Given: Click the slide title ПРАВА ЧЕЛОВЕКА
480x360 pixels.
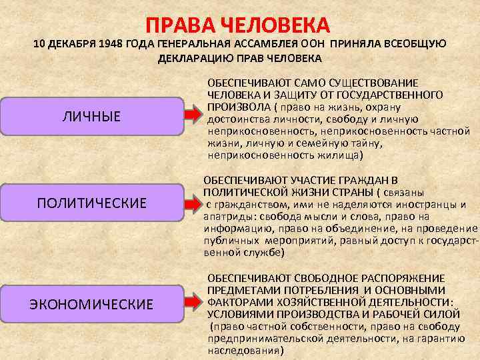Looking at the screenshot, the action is coord(239,25).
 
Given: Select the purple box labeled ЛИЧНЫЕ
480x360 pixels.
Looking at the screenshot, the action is coord(92,117).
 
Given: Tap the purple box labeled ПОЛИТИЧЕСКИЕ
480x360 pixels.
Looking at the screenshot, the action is coord(92,202).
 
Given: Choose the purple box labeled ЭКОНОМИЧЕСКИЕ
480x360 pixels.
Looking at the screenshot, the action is coord(92,305).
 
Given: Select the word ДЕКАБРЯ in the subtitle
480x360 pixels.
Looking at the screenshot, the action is coord(73,44).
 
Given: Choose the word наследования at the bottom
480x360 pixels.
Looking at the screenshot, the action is coord(241,349).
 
